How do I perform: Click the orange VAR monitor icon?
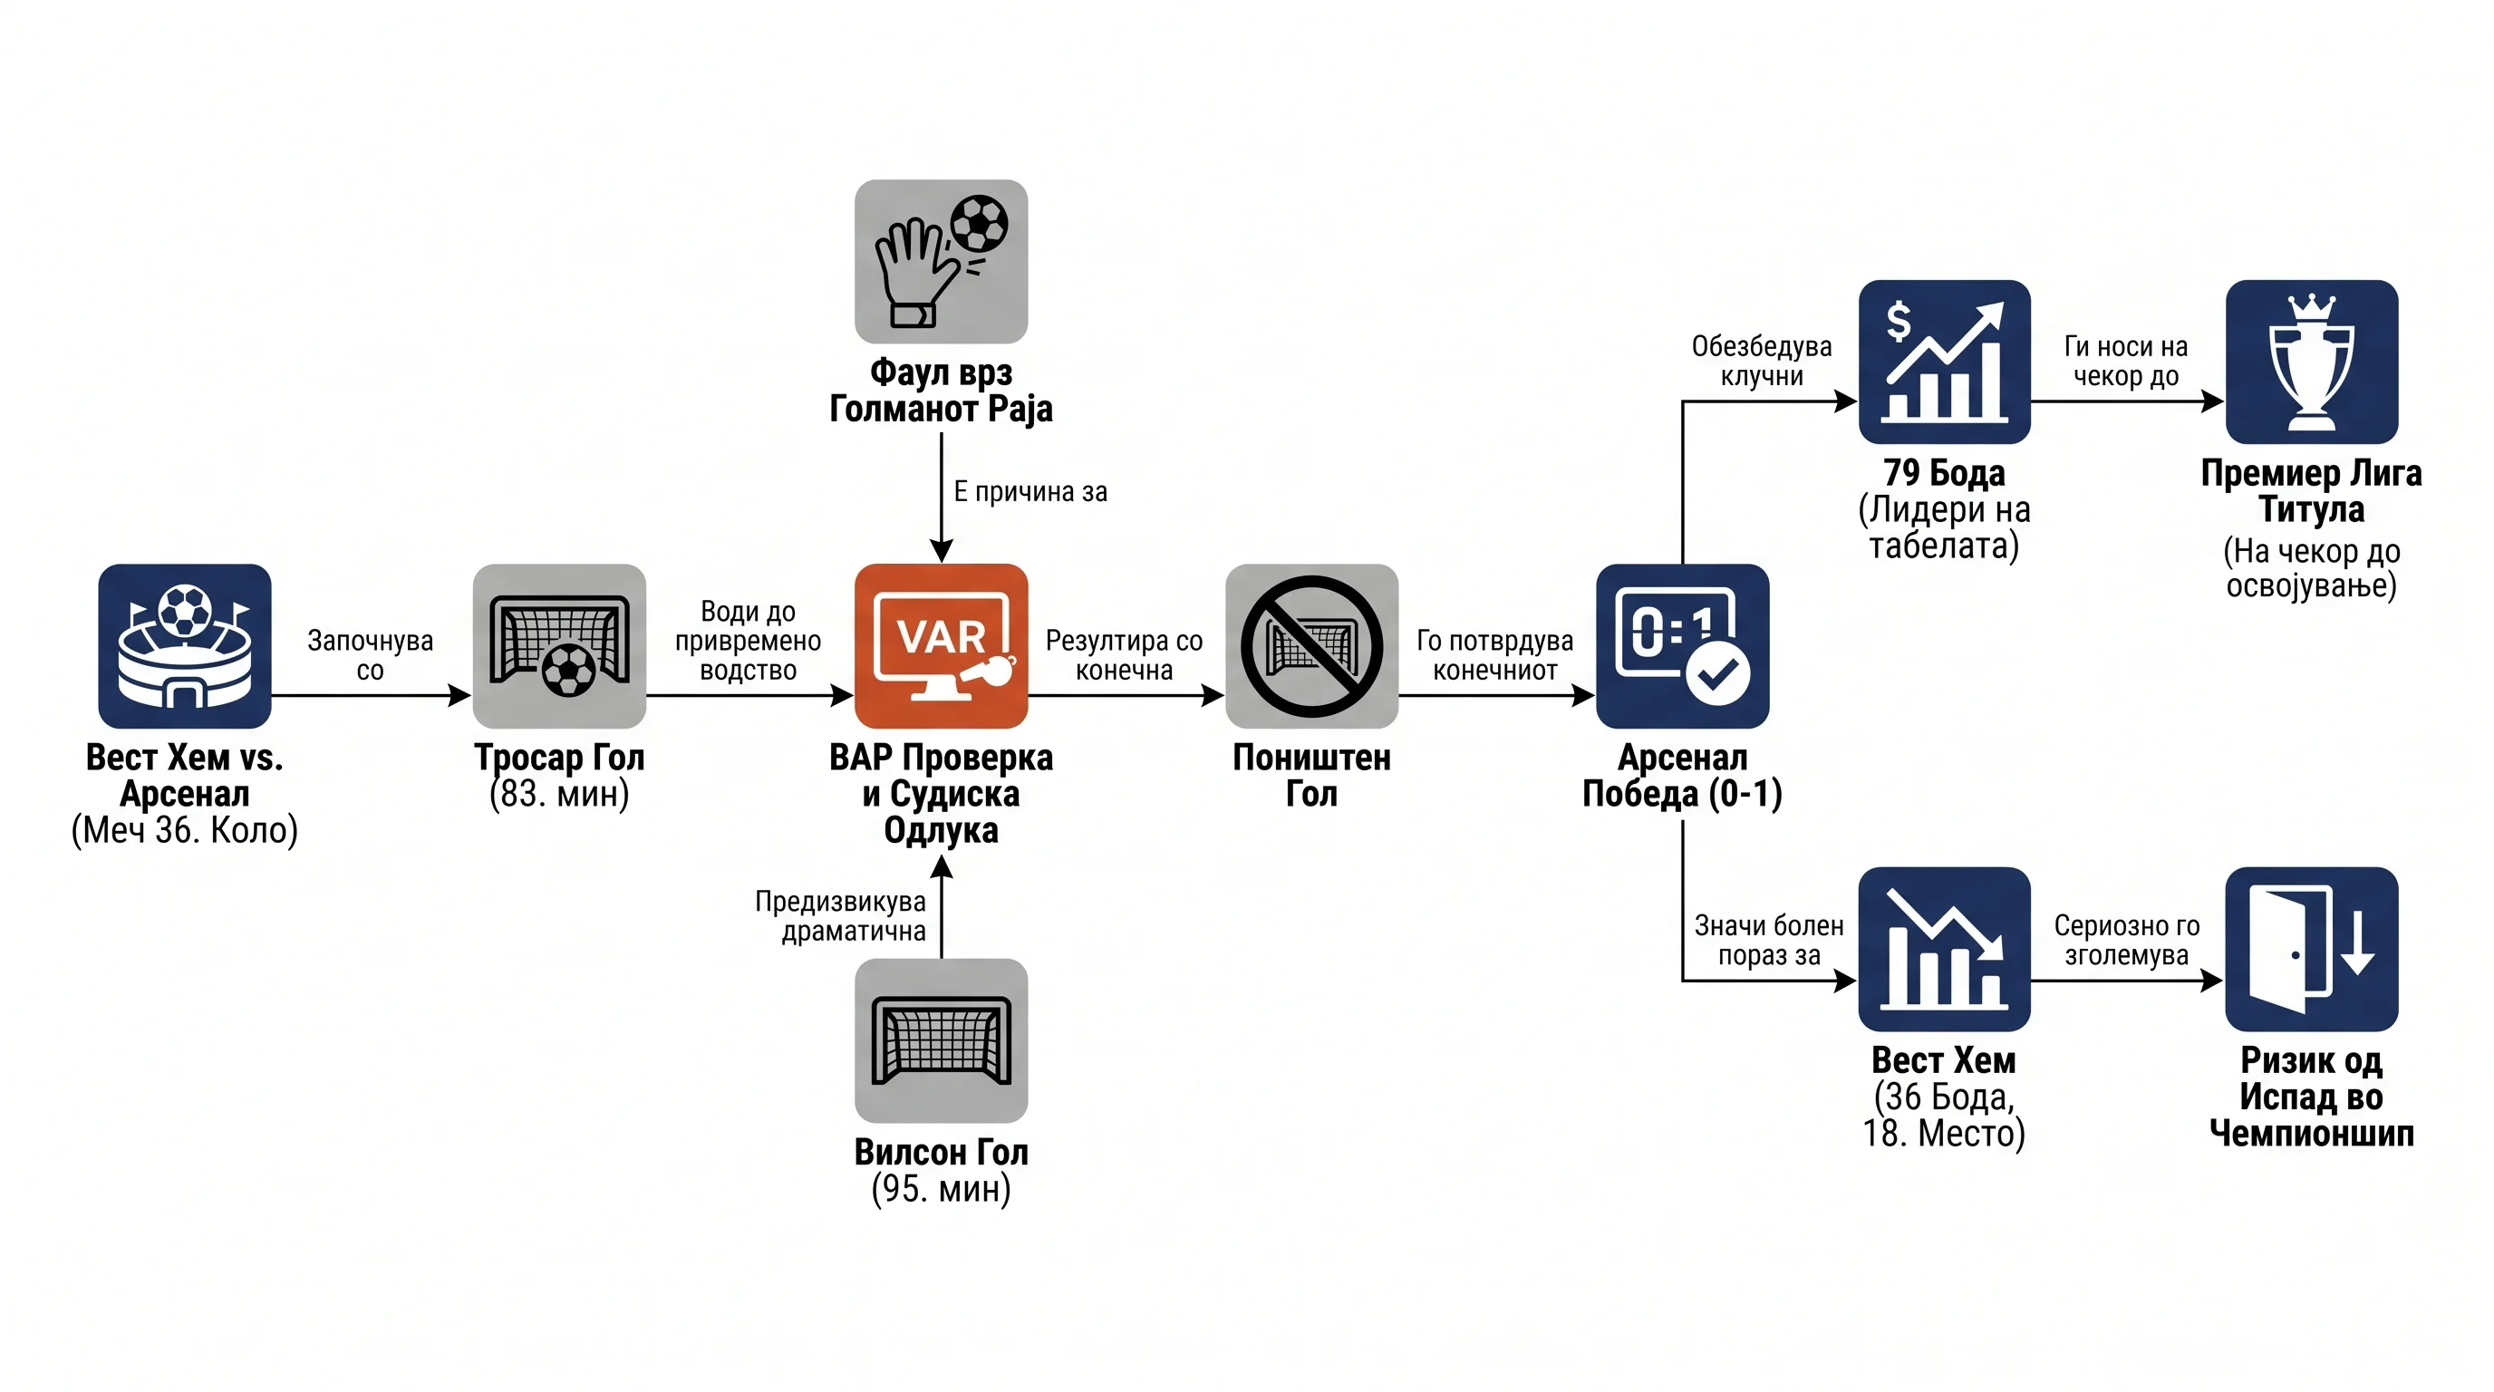[941, 645]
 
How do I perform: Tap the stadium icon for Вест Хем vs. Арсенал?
[185, 645]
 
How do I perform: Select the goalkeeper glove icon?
[941, 261]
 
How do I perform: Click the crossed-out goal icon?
[1312, 645]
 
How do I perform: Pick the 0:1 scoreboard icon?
[1683, 645]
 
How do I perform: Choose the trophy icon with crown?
[2312, 362]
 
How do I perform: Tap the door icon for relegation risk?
[2312, 949]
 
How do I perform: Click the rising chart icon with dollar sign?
[1944, 362]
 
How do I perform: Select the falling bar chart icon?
[1944, 949]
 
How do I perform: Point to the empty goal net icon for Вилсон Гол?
[941, 1040]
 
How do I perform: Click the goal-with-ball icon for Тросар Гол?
[559, 645]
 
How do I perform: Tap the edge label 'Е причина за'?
[1030, 492]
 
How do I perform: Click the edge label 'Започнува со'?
[370, 655]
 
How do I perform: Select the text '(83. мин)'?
[559, 794]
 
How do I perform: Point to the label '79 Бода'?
[1944, 472]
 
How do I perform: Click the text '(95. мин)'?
[941, 1189]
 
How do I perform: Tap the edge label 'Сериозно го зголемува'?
[2127, 940]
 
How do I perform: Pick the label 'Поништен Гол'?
[1312, 776]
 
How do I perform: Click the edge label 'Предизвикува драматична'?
[840, 915]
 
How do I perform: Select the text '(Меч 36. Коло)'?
[185, 830]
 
